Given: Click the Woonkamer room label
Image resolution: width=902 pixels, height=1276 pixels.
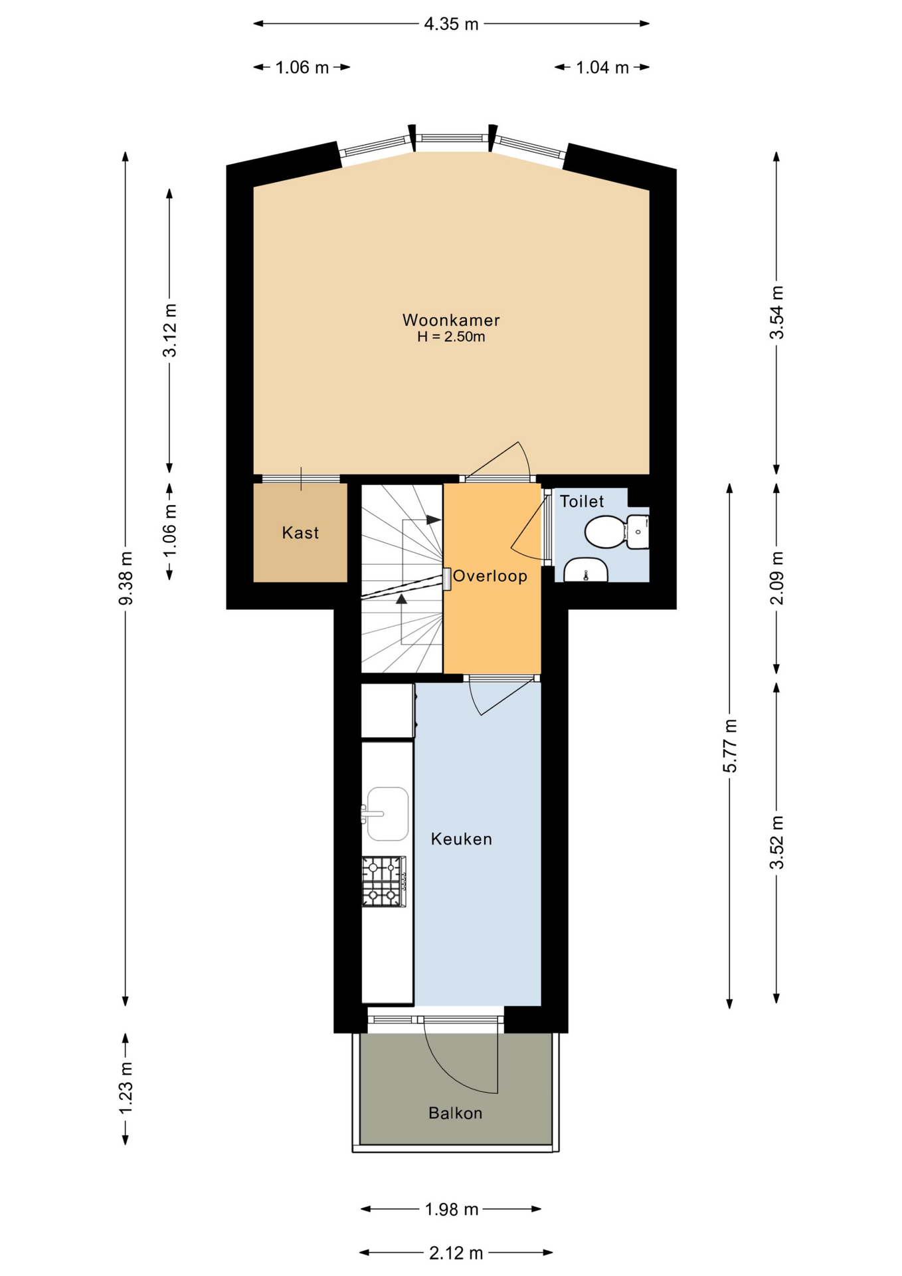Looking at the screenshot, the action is click(451, 320).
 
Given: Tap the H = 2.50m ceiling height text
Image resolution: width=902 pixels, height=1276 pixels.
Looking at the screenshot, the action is click(451, 337).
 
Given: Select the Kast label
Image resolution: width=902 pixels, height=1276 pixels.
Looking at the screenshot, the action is click(300, 532).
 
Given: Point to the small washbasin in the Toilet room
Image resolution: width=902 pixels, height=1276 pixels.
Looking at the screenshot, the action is click(586, 570).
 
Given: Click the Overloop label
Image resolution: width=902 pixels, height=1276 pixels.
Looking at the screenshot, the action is click(490, 576).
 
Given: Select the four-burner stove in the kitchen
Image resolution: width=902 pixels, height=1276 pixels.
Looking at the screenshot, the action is click(384, 882).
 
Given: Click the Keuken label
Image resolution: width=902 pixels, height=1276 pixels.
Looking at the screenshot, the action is click(462, 839).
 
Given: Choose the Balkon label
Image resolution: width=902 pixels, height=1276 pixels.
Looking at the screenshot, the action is click(456, 1113).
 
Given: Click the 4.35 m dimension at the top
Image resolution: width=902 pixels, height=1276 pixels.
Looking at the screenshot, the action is click(452, 24).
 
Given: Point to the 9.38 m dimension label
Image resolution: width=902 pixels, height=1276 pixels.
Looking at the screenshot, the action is click(126, 578).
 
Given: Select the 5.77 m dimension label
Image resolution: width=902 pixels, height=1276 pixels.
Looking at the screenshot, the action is click(730, 746).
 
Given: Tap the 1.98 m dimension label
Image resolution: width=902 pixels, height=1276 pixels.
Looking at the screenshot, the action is click(452, 1209).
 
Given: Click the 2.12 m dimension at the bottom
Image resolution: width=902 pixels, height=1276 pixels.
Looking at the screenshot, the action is click(456, 1253).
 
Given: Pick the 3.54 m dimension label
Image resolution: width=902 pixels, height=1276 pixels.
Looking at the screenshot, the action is click(776, 312).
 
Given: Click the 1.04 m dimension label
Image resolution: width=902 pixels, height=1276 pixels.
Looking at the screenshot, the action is click(602, 67).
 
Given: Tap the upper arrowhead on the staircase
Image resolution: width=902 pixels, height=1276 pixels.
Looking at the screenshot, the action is click(434, 520).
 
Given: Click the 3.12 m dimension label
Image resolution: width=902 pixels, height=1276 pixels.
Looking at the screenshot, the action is click(170, 330).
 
